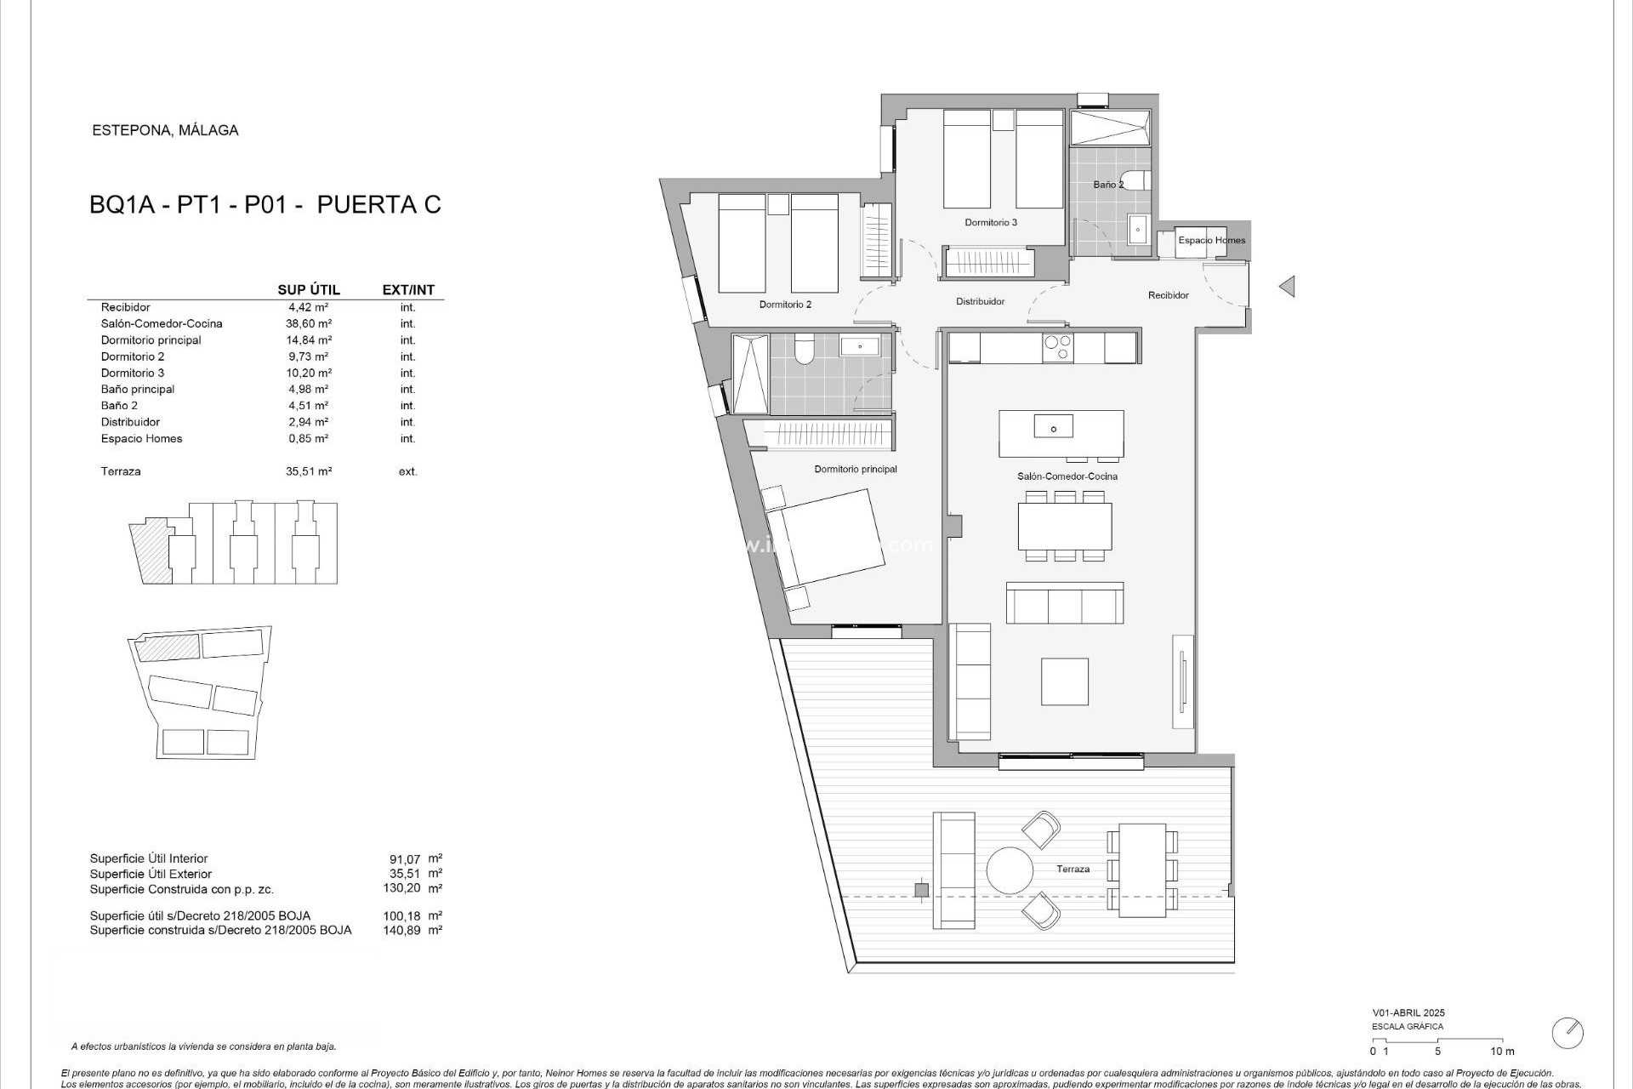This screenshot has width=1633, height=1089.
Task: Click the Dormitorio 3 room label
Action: pyautogui.click(x=991, y=223)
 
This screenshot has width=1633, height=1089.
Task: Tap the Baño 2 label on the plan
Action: pyautogui.click(x=1108, y=185)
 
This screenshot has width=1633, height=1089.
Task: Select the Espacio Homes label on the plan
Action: pyautogui.click(x=1211, y=241)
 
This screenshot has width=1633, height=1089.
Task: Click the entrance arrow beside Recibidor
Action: pyautogui.click(x=1287, y=287)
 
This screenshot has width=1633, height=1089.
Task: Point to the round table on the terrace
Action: pyautogui.click(x=1010, y=869)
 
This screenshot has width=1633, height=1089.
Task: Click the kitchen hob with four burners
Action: pyautogui.click(x=1058, y=348)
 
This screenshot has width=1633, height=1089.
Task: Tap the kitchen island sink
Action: pyautogui.click(x=1053, y=427)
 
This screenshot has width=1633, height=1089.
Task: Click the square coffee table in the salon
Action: pyautogui.click(x=1064, y=681)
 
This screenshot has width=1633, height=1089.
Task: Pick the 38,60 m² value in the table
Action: pyautogui.click(x=308, y=324)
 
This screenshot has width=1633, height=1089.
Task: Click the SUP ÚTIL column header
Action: pyautogui.click(x=309, y=290)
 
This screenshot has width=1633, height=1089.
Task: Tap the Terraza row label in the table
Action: pyautogui.click(x=121, y=471)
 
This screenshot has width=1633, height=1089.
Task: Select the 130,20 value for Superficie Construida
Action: pyautogui.click(x=401, y=888)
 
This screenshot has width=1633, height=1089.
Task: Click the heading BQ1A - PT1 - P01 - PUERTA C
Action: pyautogui.click(x=265, y=205)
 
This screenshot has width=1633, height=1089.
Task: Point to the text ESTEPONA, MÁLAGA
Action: pyautogui.click(x=165, y=131)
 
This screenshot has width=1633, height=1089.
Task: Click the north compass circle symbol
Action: pyautogui.click(x=1567, y=1033)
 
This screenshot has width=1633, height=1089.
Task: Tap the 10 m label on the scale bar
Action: pyautogui.click(x=1502, y=1052)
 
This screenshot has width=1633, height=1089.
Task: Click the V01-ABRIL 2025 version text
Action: pyautogui.click(x=1408, y=1013)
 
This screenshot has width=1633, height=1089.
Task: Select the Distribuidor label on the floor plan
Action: pyautogui.click(x=980, y=301)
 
